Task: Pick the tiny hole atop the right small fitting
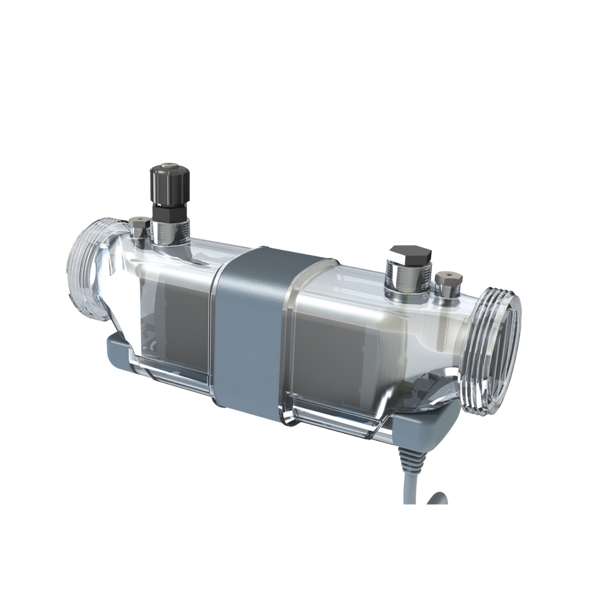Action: point(447,273)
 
